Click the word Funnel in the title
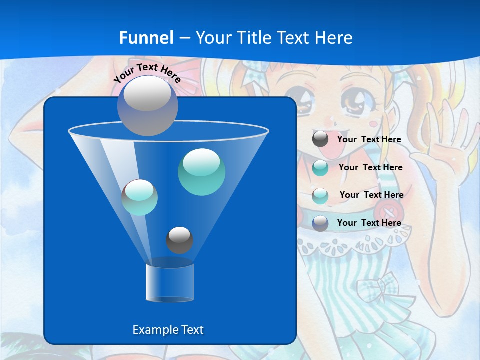pos(146,38)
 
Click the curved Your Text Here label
pos(147,73)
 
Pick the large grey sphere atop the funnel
pos(148,105)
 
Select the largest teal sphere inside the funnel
pos(201,172)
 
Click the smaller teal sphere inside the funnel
pos(140,197)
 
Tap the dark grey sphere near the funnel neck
pos(179,240)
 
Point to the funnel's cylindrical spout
pos(170,283)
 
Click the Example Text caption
pos(168,330)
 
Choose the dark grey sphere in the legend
pos(320,139)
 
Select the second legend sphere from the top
pos(320,168)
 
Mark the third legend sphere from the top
pos(320,195)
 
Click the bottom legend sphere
pos(320,223)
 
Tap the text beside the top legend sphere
pos(369,140)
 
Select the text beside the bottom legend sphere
pos(369,223)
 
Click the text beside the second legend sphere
pos(370,167)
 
